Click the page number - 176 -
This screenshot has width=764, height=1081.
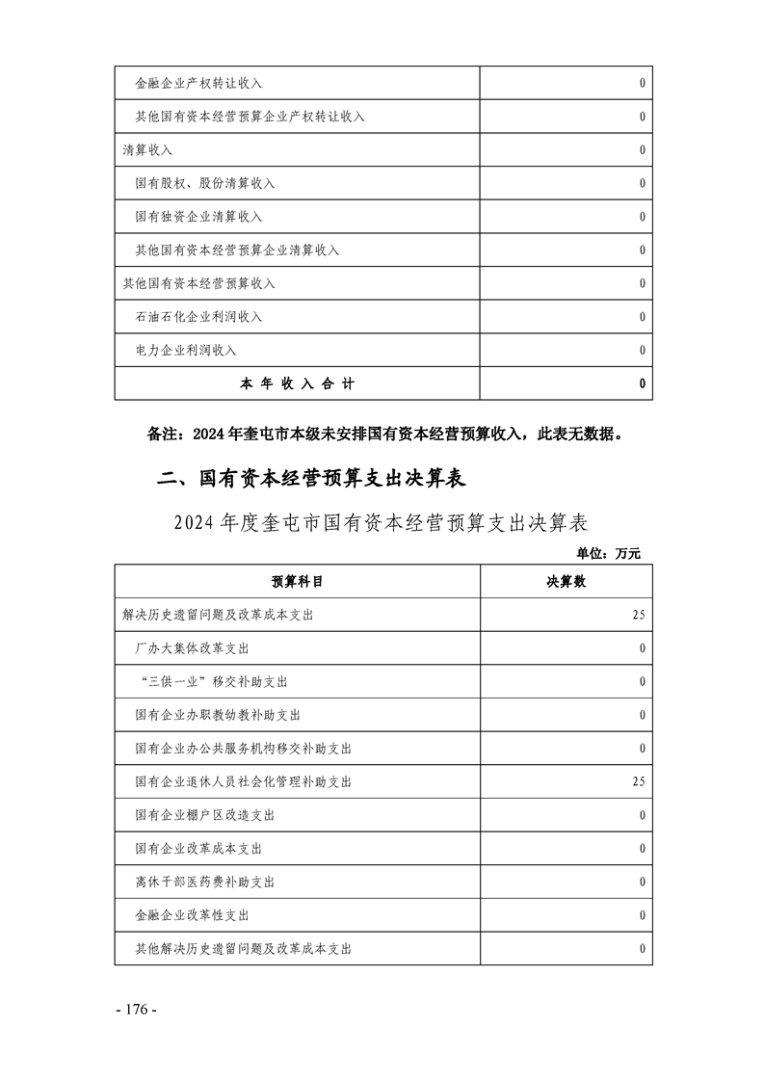pos(135,1011)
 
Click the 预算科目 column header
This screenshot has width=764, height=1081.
pos(297,582)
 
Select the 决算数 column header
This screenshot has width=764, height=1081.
pos(566,582)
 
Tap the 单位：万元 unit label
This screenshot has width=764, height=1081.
pos(608,553)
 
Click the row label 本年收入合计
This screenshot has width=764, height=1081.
pos(297,383)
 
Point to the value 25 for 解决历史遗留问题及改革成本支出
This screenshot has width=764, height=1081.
pos(638,615)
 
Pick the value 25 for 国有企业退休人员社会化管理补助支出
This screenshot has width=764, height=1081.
pos(638,781)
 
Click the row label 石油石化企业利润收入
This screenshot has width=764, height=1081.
pos(198,317)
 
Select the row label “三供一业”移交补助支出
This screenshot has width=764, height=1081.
pos(213,681)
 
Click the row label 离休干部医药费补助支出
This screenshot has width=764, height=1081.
pos(205,882)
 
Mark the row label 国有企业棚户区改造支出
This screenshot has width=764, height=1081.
pos(205,815)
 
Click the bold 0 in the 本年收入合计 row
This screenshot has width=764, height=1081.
pos(642,383)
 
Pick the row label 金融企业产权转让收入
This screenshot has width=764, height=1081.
pos(198,84)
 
